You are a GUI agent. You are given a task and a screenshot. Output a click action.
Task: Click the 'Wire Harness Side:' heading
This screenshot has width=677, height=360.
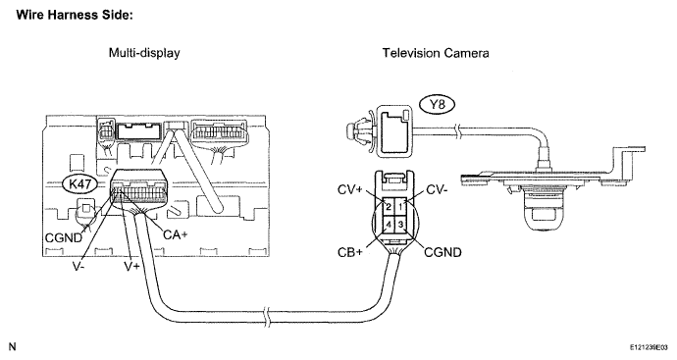click(x=75, y=15)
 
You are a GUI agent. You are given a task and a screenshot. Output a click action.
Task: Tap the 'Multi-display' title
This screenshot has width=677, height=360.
click(x=144, y=53)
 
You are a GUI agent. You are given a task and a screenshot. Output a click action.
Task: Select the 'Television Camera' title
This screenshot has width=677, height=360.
click(x=436, y=53)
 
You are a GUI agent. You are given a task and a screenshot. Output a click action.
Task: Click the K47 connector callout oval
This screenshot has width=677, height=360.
click(x=79, y=184)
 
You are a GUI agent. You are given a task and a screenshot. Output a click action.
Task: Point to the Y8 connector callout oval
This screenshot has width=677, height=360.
click(x=437, y=105)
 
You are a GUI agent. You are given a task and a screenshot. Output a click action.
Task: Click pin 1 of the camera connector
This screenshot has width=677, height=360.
click(x=400, y=206)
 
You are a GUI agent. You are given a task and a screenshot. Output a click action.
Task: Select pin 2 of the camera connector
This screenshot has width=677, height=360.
click(x=389, y=206)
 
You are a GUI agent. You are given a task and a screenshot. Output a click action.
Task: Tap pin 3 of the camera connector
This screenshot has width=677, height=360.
click(x=400, y=224)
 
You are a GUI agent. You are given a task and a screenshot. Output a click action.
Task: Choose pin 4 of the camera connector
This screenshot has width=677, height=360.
click(x=389, y=224)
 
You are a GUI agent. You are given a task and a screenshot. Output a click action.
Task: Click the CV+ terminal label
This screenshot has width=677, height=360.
click(x=350, y=189)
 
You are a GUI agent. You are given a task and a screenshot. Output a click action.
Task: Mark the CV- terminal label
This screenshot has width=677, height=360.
click(x=437, y=189)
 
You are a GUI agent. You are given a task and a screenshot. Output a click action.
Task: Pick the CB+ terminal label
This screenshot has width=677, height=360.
click(x=350, y=252)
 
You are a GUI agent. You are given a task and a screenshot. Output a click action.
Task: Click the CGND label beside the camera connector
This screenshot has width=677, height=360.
click(x=443, y=252)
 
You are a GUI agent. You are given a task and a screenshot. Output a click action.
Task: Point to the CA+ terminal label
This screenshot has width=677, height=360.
click(x=176, y=234)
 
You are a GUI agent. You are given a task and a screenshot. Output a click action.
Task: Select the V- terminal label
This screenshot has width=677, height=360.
click(x=78, y=266)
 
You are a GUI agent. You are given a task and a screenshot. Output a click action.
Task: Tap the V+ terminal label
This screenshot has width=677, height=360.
click(x=132, y=266)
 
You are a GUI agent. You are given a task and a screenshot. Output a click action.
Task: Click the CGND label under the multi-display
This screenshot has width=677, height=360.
click(x=64, y=237)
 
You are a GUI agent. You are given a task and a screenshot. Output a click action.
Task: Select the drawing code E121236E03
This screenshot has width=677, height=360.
click(x=649, y=347)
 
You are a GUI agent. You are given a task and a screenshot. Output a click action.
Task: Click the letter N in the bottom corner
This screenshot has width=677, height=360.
click(x=12, y=346)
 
